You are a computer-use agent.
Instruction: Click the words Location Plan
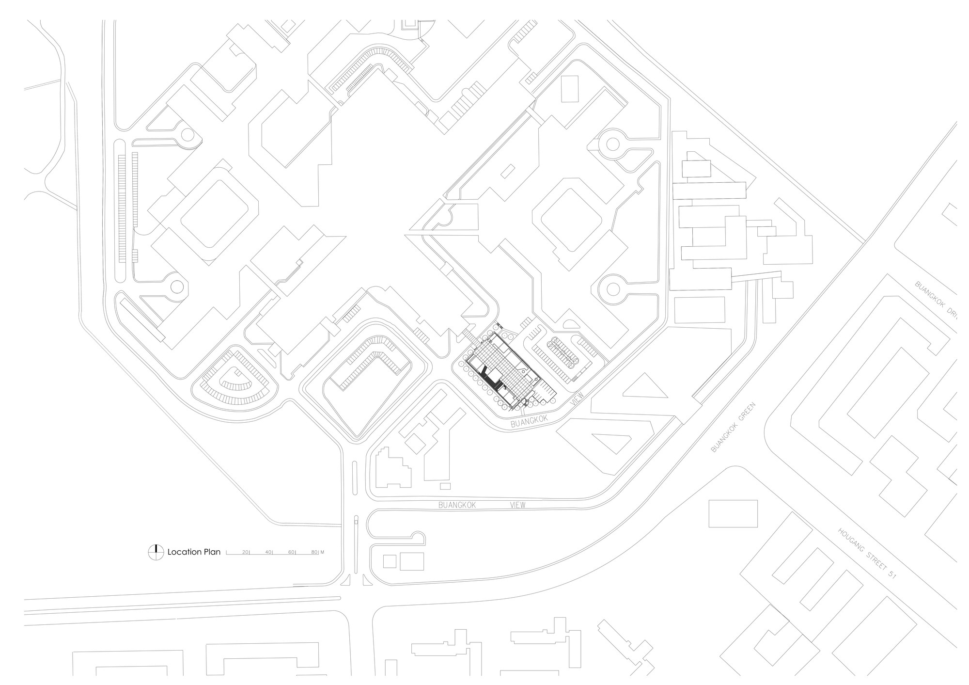[x=194, y=552]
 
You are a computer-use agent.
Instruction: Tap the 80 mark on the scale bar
[x=314, y=552]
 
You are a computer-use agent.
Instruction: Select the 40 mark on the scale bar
[x=269, y=552]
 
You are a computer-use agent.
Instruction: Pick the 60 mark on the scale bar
[x=292, y=552]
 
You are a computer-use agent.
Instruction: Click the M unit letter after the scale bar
[x=322, y=552]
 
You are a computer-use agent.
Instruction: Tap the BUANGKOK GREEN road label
[x=733, y=427]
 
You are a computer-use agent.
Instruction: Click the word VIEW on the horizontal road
[x=517, y=505]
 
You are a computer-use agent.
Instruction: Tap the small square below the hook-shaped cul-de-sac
[x=390, y=561]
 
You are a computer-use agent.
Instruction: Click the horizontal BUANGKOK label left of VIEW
[x=457, y=505]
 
